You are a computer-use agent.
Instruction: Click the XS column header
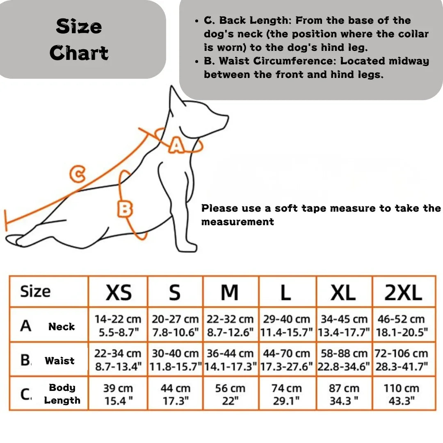(x=119, y=292)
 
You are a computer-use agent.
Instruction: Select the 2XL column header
(x=403, y=292)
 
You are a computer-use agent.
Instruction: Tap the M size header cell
(x=230, y=292)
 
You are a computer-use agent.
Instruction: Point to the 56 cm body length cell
(x=230, y=394)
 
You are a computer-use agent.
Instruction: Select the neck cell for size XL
(x=343, y=325)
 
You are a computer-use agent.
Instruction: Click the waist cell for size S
(x=175, y=360)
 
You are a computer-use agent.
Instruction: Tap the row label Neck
(x=62, y=327)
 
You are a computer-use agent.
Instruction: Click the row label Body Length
(x=62, y=394)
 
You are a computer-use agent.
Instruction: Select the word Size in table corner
(x=35, y=292)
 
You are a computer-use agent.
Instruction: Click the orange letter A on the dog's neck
(x=176, y=145)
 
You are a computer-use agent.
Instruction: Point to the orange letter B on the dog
(x=125, y=209)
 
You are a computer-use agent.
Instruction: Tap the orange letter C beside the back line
(x=77, y=174)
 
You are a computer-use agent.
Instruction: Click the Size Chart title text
(x=79, y=40)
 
